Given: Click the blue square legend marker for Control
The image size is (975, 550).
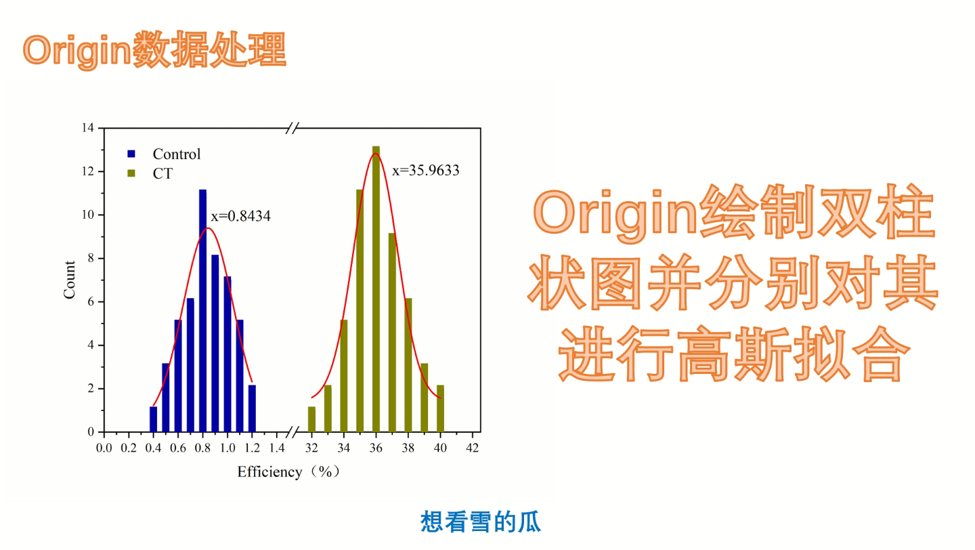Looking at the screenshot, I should pyautogui.click(x=132, y=154).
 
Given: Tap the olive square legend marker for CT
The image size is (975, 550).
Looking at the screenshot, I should pyautogui.click(x=132, y=173).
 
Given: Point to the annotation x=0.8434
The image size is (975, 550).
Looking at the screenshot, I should pyautogui.click(x=241, y=217).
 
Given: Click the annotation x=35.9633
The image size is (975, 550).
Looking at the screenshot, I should pyautogui.click(x=426, y=171).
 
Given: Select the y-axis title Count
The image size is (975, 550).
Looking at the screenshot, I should pyautogui.click(x=70, y=280).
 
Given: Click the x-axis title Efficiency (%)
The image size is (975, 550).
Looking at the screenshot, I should pyautogui.click(x=288, y=472).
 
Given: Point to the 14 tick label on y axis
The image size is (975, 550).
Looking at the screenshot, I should pyautogui.click(x=88, y=128).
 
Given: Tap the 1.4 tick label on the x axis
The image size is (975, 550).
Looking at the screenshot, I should pyautogui.click(x=276, y=448).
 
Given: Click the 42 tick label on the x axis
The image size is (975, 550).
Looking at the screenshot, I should pyautogui.click(x=473, y=448).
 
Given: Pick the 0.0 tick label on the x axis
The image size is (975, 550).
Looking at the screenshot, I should pyautogui.click(x=104, y=448).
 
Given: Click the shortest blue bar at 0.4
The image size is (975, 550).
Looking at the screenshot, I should pyautogui.click(x=154, y=419).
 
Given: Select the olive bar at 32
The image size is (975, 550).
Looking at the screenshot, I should pyautogui.click(x=311, y=419).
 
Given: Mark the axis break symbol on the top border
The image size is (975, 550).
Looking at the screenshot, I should pyautogui.click(x=292, y=127).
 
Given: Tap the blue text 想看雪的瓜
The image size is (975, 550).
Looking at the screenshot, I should pyautogui.click(x=481, y=522).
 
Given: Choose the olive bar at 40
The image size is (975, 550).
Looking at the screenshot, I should pyautogui.click(x=440, y=408).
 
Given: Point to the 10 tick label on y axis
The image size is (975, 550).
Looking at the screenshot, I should pyautogui.click(x=88, y=215).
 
